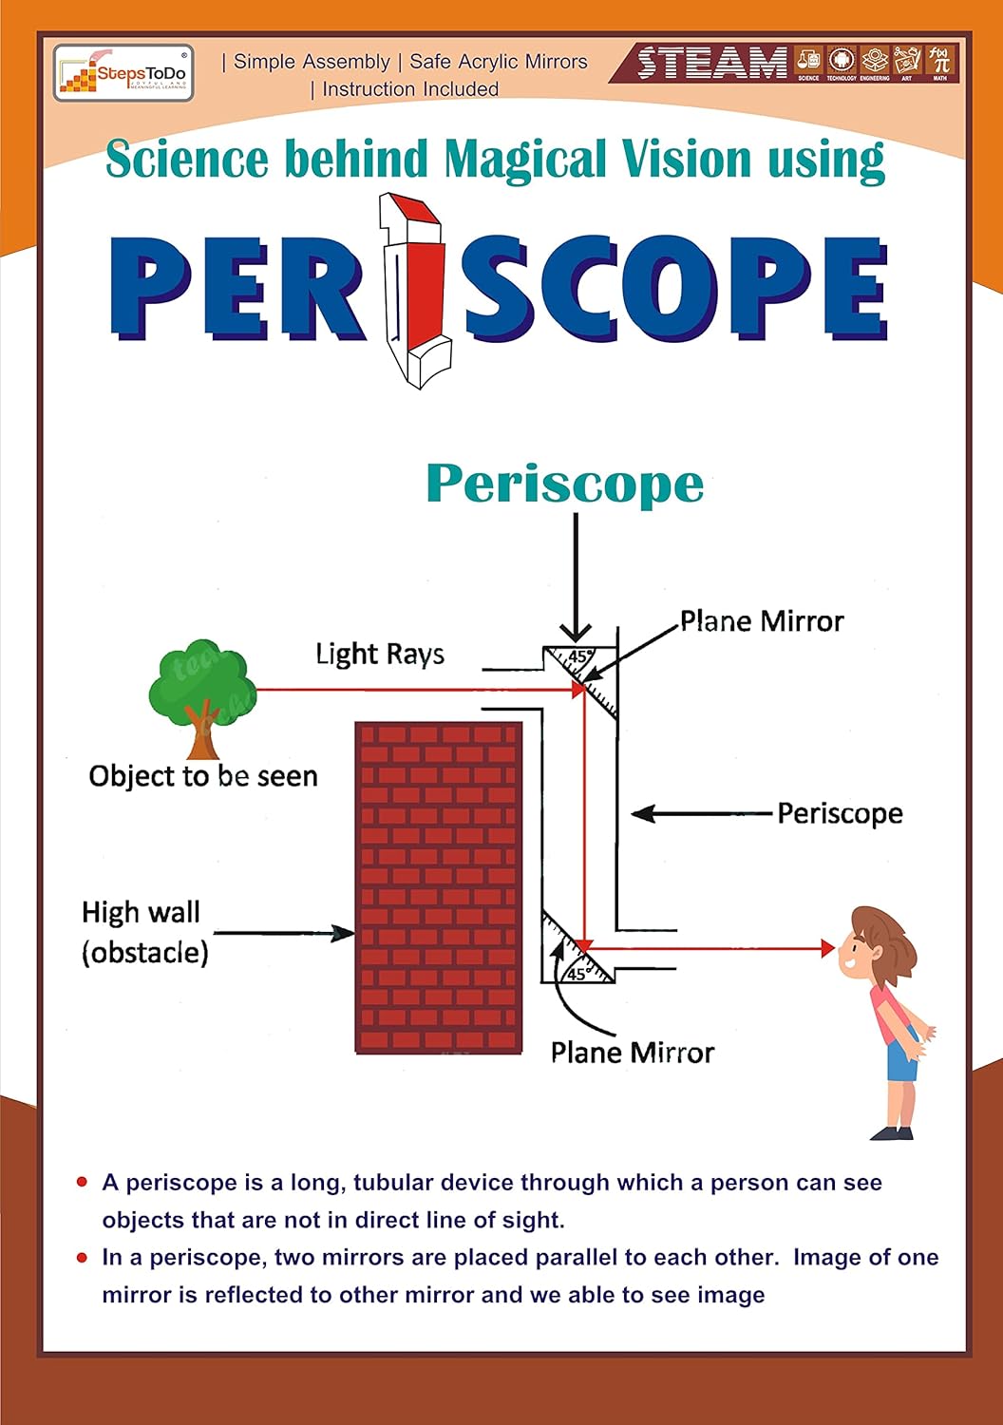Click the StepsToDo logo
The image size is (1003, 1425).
(123, 73)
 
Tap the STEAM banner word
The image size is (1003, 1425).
(712, 64)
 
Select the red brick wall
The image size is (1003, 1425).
(439, 887)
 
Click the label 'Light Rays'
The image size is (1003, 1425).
(380, 654)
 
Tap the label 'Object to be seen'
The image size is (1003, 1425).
(203, 776)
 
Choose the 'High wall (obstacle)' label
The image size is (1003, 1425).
(144, 932)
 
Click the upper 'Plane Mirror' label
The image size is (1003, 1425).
(762, 621)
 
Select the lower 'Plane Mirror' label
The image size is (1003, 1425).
(633, 1053)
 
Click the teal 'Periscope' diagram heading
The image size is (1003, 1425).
(565, 484)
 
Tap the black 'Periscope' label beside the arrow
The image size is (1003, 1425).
(840, 813)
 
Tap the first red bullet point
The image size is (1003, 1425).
(83, 1182)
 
